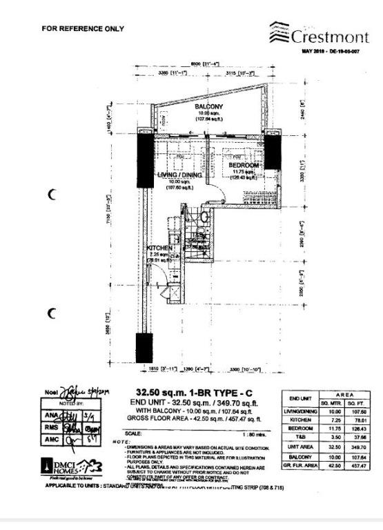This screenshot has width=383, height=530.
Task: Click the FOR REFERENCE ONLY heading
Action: pos(83,29)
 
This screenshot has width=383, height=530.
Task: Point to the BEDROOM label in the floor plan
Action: pos(244,166)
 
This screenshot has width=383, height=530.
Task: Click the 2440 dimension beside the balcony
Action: pos(302,110)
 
